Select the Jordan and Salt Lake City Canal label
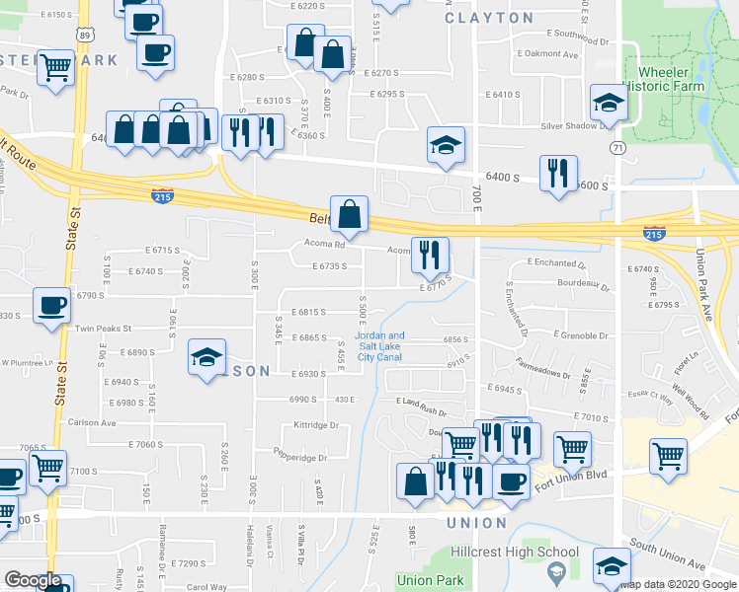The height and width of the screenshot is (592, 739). click(x=380, y=346)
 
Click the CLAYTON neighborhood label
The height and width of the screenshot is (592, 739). click(x=489, y=18)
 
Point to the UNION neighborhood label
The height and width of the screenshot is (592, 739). click(x=477, y=522)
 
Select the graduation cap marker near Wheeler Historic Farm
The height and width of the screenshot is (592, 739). click(x=610, y=103)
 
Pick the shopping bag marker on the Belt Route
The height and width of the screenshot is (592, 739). click(x=349, y=213)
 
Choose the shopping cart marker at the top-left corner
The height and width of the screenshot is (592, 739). click(x=55, y=68)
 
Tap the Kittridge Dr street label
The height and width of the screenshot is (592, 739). click(x=316, y=426)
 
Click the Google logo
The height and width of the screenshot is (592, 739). click(x=33, y=580)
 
